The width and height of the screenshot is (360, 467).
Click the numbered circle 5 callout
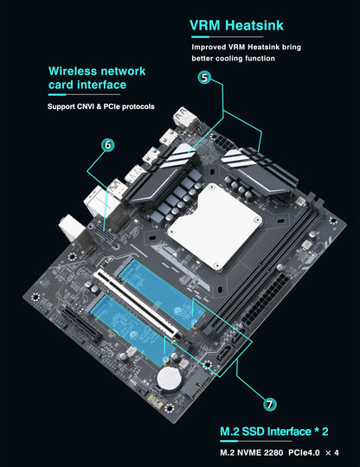[204, 78]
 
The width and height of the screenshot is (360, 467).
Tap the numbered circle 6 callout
[107, 145]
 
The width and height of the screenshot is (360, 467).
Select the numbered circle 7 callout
[270, 404]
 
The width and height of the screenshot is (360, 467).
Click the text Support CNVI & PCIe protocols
[100, 107]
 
